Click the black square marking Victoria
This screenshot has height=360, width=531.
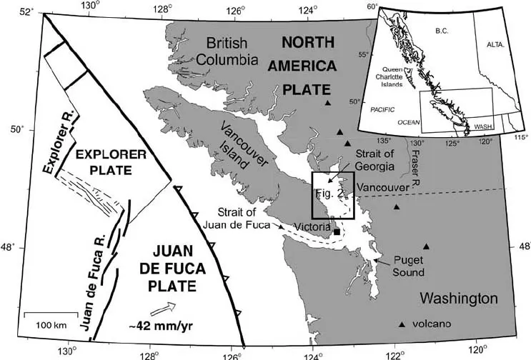click(337, 231)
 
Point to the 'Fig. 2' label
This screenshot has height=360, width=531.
click(329, 194)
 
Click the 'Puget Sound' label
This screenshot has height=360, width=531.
click(410, 266)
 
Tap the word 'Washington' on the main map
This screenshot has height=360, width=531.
click(458, 297)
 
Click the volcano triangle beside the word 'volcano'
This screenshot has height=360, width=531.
click(402, 325)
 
